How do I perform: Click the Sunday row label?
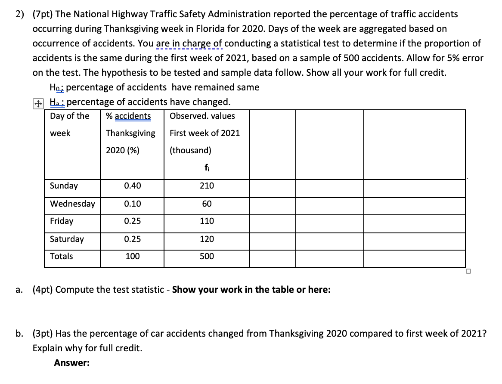(x=64, y=186)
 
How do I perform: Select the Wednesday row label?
(x=72, y=204)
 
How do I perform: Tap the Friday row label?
(x=62, y=221)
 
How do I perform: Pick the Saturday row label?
(x=67, y=239)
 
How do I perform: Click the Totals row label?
(x=61, y=257)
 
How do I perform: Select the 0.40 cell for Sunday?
(x=132, y=186)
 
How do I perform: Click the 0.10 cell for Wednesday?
(x=132, y=204)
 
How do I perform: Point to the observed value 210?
(x=207, y=186)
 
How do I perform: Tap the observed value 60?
(x=207, y=204)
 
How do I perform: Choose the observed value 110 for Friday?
(x=207, y=221)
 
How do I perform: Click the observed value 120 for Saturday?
(x=207, y=239)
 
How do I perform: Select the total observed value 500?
(x=207, y=257)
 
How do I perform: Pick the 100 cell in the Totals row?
(x=132, y=257)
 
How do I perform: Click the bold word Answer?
(x=72, y=363)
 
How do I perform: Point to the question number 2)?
(x=20, y=14)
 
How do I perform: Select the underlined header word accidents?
(x=133, y=116)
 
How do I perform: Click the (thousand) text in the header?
(x=190, y=151)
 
